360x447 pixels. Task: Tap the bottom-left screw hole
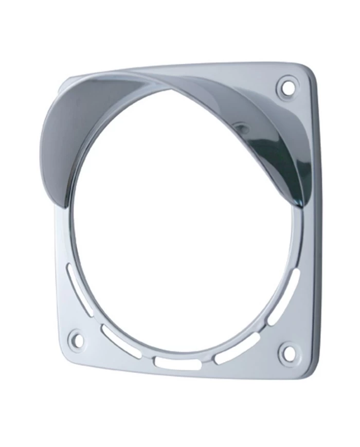[x=77, y=338]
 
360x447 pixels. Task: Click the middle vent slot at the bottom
[x=178, y=363]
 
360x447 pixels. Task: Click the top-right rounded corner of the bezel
[x=308, y=69]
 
